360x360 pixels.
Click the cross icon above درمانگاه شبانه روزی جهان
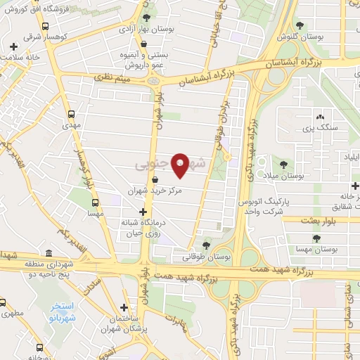click(143, 211)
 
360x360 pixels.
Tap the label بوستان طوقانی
click(206, 258)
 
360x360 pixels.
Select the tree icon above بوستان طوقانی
click(206, 245)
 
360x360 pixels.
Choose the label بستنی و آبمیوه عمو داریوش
click(145, 58)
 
